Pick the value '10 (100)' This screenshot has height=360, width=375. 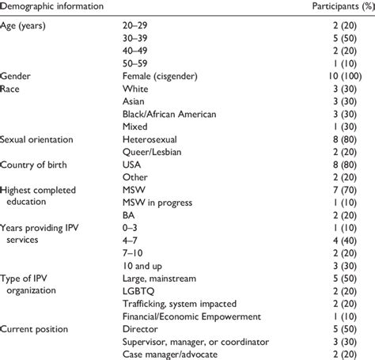click(x=352, y=76)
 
